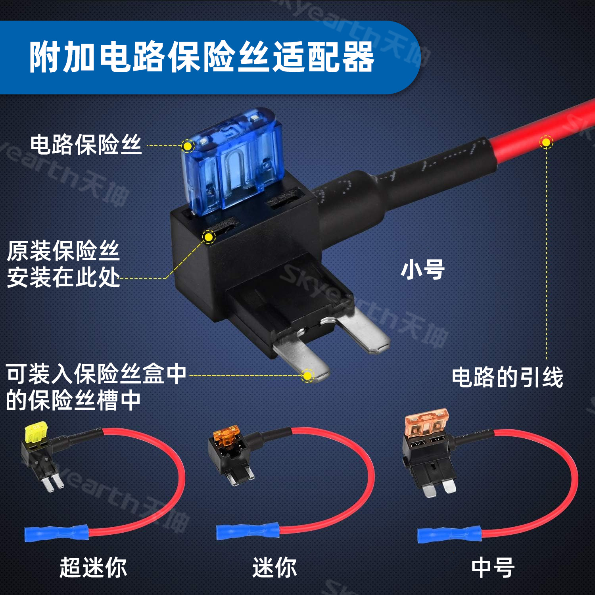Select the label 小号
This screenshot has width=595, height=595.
click(x=422, y=270)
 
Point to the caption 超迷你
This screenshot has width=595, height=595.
click(x=93, y=567)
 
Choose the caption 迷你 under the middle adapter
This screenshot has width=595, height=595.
click(x=274, y=567)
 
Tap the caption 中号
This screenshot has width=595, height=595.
click(x=493, y=567)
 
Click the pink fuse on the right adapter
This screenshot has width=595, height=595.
click(x=426, y=423)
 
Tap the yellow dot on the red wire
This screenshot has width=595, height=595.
click(x=546, y=142)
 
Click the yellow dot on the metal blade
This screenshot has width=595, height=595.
click(x=307, y=375)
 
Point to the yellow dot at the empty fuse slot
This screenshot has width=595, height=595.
click(x=208, y=237)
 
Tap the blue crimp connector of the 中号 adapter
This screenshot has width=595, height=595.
click(x=449, y=535)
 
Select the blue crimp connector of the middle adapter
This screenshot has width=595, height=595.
click(x=248, y=531)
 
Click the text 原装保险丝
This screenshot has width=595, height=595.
click(x=63, y=251)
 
